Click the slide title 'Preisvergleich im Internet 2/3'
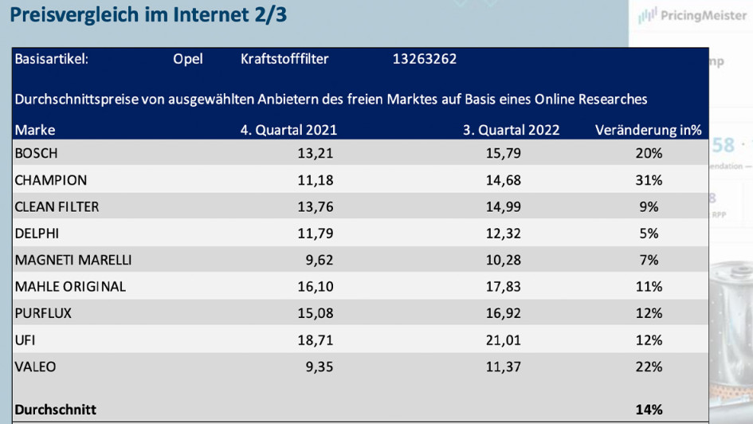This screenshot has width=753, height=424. tap(150, 15)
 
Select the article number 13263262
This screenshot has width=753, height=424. tap(425, 59)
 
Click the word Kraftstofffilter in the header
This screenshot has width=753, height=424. tap(284, 59)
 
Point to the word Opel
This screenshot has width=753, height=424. tap(188, 59)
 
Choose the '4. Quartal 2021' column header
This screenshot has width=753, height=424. tap(289, 130)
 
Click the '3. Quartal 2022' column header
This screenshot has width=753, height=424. tap(512, 130)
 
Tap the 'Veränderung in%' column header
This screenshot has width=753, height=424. tap(648, 130)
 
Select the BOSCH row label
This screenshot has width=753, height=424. tap(37, 153)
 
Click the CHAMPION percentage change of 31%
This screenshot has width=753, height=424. tap(649, 180)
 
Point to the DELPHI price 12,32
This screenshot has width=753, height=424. tap(503, 234)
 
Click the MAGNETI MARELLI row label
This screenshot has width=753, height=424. tap(73, 260)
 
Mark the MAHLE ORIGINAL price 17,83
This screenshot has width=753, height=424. tap(503, 287)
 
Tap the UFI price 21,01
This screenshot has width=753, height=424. tap(503, 340)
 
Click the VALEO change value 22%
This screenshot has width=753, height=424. tap(649, 367)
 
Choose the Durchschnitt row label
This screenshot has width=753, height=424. tap(56, 410)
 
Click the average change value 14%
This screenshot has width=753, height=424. tap(649, 410)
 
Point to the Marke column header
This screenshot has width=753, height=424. tap(35, 130)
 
